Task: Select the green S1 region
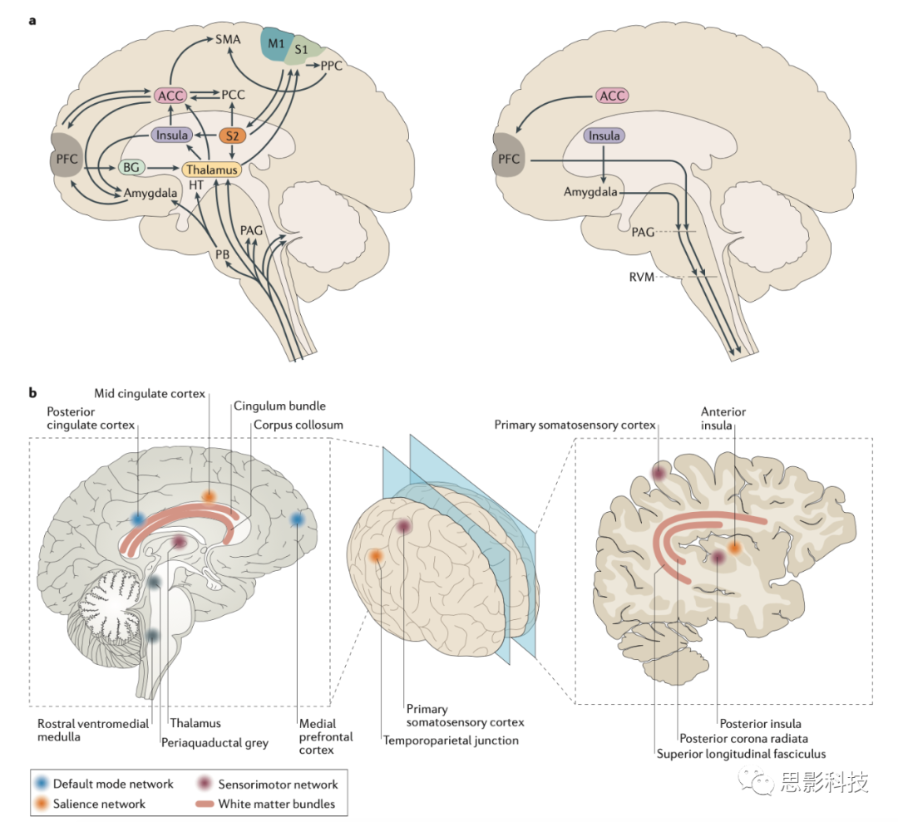[x=300, y=52]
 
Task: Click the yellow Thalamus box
[x=211, y=169]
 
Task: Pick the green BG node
[x=131, y=168]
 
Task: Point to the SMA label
[x=227, y=38]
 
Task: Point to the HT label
[x=196, y=185]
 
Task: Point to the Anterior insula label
[x=723, y=417]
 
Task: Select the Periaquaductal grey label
[x=215, y=742]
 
